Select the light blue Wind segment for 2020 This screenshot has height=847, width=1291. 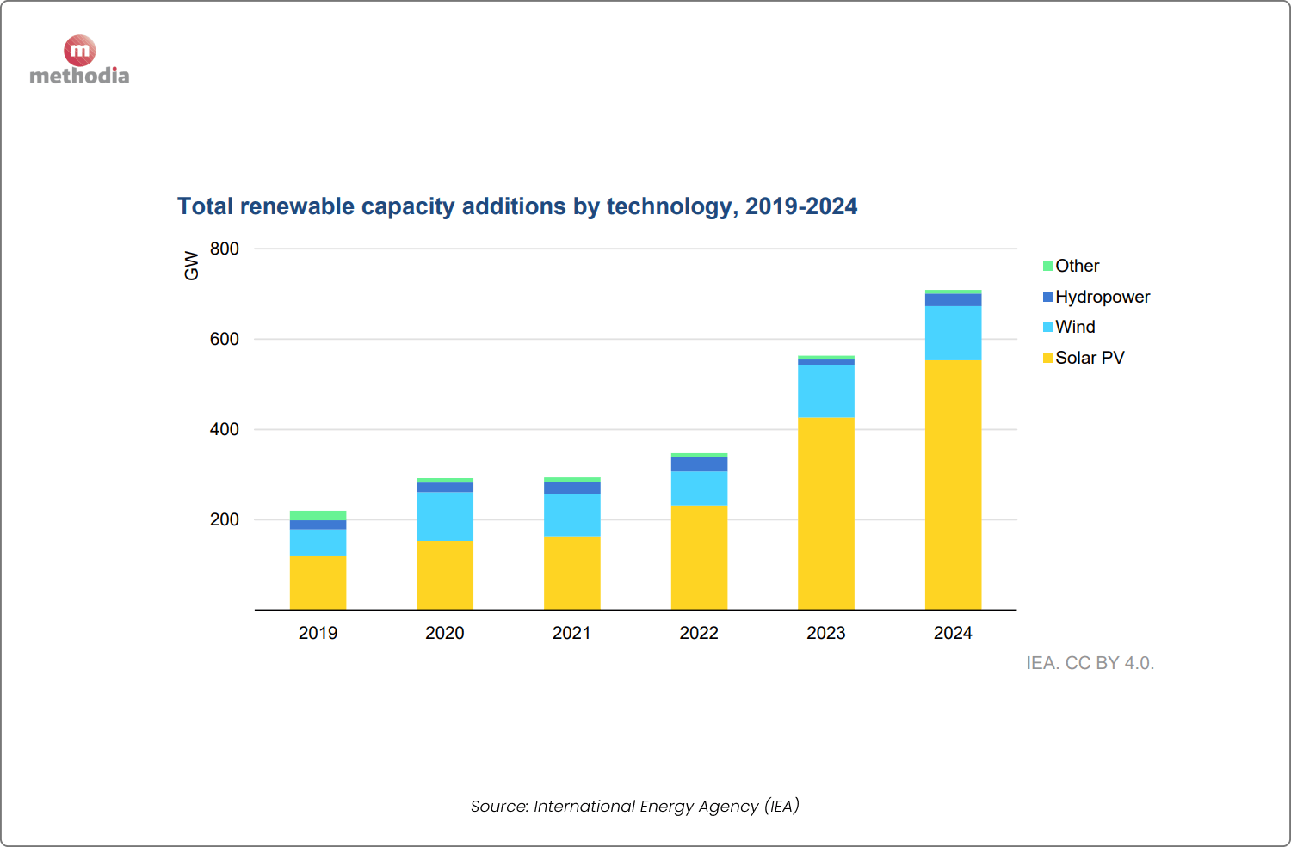click(445, 516)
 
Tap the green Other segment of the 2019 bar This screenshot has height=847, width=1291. click(318, 515)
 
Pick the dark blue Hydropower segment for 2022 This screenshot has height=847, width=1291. click(699, 464)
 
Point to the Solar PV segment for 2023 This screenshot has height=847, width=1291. click(825, 513)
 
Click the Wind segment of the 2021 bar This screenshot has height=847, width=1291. click(571, 514)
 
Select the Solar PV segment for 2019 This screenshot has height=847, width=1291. click(318, 583)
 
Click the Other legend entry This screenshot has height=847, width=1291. click(1077, 266)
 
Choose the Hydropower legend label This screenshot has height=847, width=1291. click(1102, 297)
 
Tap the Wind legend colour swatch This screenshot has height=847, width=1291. click(1047, 328)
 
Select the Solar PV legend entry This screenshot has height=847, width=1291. click(1089, 358)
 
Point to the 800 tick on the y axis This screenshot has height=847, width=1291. click(225, 249)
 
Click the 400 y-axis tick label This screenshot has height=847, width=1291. click(225, 429)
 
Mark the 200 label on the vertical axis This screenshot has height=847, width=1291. click(225, 519)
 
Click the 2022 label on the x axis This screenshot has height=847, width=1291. click(699, 633)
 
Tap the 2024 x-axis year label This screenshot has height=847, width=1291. click(953, 633)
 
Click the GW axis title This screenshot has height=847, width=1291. click(191, 266)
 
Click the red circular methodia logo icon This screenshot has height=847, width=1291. click(79, 51)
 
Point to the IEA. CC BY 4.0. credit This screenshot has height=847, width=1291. click(1090, 663)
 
